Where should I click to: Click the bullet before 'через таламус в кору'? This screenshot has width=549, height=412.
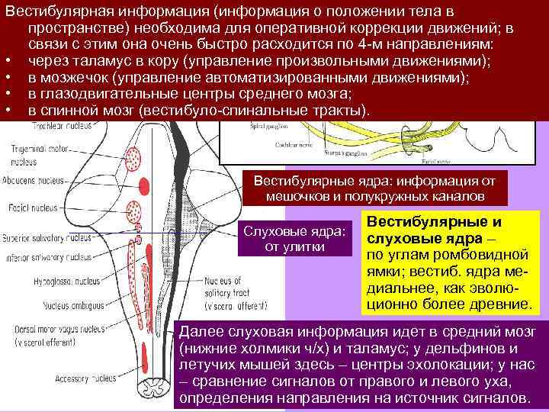8,61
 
